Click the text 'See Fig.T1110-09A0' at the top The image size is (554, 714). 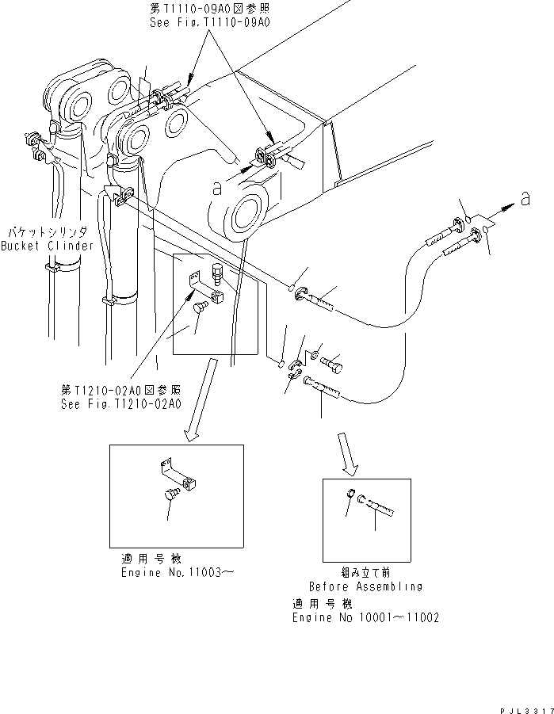click(x=210, y=24)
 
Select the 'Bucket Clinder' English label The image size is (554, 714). click(x=47, y=246)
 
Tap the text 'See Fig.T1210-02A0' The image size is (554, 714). click(x=120, y=403)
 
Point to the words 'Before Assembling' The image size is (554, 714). click(x=365, y=587)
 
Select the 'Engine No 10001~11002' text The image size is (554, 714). click(x=365, y=617)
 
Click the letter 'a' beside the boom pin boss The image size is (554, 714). click(x=216, y=189)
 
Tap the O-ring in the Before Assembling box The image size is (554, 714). click(x=351, y=497)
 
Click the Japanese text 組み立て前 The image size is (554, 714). click(x=366, y=572)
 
